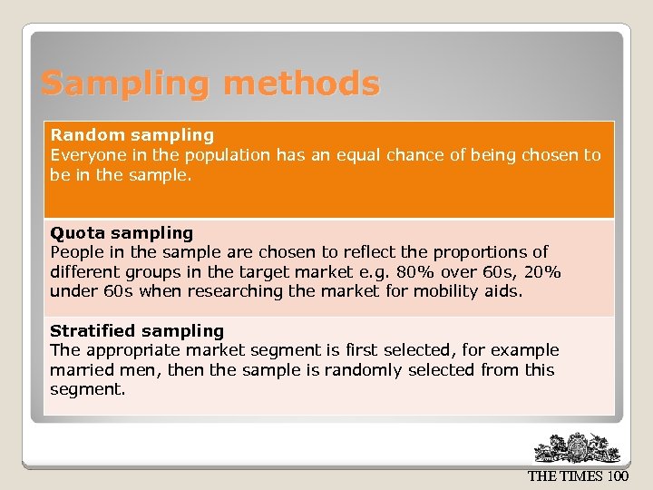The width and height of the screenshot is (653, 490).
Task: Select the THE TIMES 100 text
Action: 578,476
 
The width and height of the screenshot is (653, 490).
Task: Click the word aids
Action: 505,291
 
